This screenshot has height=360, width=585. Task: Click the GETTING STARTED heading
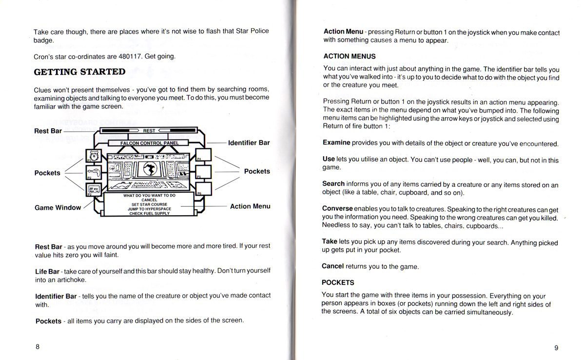[79, 72]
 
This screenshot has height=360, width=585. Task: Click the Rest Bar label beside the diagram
[48, 131]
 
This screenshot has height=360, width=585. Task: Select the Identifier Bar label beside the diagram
[249, 143]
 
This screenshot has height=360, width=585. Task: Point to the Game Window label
[58, 207]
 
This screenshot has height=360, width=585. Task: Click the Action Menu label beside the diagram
[250, 206]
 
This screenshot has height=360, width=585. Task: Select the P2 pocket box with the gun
[93, 172]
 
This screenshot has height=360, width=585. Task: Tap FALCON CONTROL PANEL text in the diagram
[149, 143]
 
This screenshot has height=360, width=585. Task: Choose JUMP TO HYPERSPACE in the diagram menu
[149, 209]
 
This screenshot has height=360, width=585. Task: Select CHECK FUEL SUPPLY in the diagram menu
[149, 213]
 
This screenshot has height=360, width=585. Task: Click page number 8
[38, 347]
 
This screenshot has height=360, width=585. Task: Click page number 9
[556, 348]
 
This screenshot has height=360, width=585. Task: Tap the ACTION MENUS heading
[350, 57]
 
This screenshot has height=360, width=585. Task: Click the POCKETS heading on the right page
[338, 282]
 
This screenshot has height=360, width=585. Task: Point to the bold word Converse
[337, 209]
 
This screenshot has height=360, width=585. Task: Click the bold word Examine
[336, 143]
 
